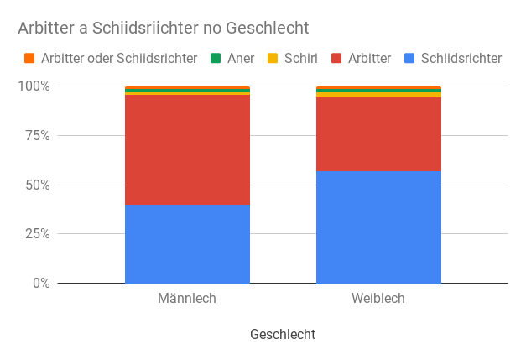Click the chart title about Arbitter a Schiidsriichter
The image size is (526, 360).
coord(164,29)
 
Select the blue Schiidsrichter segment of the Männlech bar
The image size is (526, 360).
coord(187,243)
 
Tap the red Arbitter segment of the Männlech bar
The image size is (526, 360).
coord(187,149)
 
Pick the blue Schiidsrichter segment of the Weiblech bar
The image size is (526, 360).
coord(378,227)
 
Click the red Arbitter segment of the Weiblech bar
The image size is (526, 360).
coord(378,134)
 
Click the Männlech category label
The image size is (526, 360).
coord(187,299)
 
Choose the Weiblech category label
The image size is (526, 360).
coord(378,299)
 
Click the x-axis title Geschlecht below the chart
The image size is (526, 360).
coord(283,334)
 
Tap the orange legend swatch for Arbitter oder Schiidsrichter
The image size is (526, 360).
coord(29,59)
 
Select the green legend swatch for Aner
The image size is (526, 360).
coord(216,59)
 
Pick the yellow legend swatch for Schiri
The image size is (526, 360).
coord(273,59)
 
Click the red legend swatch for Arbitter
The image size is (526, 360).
coord(336,59)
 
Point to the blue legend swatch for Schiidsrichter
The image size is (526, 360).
coord(409,59)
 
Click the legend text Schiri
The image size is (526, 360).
coord(299,59)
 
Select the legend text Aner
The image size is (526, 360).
coord(241,59)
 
